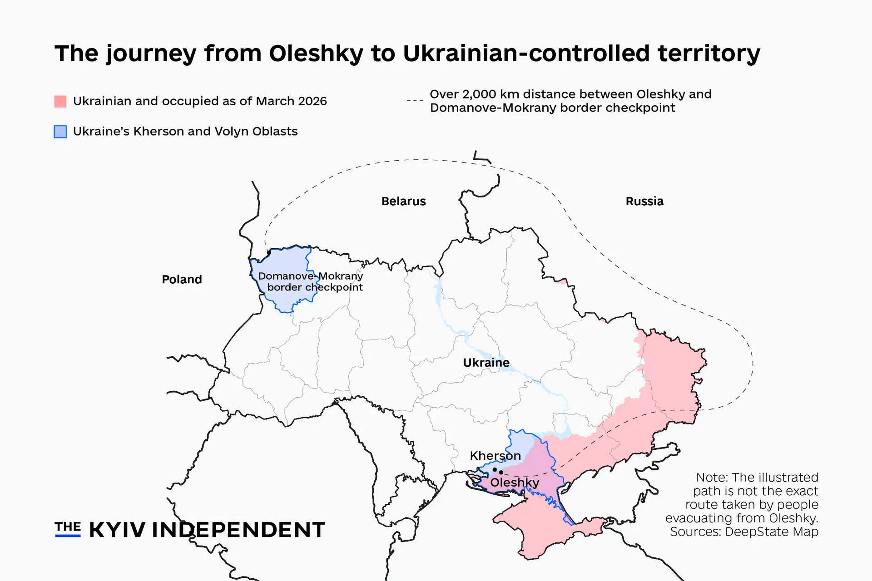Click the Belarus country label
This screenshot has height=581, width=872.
[x=403, y=201]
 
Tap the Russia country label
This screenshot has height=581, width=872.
[x=644, y=201]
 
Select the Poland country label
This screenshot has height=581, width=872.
[x=182, y=279]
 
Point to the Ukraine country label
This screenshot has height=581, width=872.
[x=486, y=363]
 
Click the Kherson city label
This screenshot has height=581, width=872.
[x=495, y=455]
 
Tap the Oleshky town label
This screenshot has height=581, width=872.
[x=515, y=483]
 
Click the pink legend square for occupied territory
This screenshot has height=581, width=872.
[x=60, y=101]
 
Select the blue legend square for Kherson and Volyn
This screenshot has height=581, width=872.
[x=60, y=132]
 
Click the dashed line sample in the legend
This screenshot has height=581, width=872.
[x=415, y=100]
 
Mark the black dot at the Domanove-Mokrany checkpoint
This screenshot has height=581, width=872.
[x=269, y=252]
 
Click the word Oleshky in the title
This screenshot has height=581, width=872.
[x=316, y=54]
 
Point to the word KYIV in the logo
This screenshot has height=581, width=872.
[x=117, y=530]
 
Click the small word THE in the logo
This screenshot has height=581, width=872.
[x=68, y=527]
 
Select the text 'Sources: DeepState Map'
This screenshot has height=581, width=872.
[x=744, y=532]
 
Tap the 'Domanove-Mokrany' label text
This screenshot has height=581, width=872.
[x=310, y=276]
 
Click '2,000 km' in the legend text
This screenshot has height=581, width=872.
[x=490, y=94]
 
